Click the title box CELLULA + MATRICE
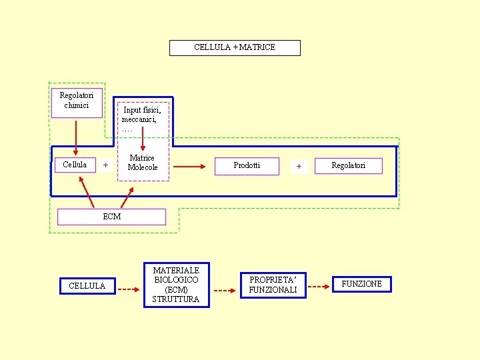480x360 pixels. [x=235, y=47]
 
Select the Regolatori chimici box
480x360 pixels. [x=77, y=102]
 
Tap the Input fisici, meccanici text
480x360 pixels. [x=142, y=115]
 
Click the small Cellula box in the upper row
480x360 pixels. [x=75, y=165]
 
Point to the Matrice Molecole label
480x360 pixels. [x=143, y=163]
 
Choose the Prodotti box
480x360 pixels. [x=247, y=165]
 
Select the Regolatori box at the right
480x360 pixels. [x=349, y=165]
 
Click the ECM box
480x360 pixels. [x=111, y=217]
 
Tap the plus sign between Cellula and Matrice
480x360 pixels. [x=105, y=165]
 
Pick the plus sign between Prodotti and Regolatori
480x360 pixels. [x=299, y=166]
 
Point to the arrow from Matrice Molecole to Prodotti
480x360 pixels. [x=189, y=167]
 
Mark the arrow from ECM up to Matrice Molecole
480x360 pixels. [x=126, y=197]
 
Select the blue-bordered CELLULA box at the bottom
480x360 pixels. [x=87, y=285]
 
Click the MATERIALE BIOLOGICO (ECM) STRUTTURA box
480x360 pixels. [x=176, y=285]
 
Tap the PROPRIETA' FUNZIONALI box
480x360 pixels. [x=273, y=285]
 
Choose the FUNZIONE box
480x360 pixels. [x=362, y=284]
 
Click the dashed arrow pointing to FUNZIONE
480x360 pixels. [x=319, y=287]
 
